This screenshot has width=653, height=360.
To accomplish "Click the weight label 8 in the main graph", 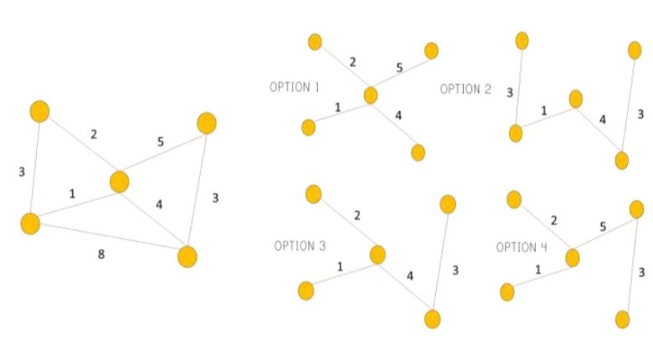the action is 101,254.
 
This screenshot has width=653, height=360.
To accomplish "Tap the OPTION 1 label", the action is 295,87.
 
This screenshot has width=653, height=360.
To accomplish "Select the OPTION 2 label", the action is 465,90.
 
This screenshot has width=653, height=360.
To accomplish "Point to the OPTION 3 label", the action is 300,246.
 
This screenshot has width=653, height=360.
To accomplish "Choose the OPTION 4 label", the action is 522,247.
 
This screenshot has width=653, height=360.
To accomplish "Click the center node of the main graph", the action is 120,182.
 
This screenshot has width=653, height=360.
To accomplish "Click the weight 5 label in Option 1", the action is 399,68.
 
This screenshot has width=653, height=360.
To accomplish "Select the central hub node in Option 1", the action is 371,95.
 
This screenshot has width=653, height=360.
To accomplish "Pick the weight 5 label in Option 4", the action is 603,227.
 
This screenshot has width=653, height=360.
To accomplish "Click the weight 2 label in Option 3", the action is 357,215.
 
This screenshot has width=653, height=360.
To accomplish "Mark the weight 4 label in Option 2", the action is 603,120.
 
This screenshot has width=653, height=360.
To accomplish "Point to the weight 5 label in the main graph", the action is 161,141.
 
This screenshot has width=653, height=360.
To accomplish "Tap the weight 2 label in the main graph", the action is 94,134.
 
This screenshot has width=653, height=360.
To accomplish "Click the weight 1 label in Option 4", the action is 538,270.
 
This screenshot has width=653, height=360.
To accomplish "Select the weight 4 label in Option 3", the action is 410,275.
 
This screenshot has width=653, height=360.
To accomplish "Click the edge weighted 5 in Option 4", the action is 604,234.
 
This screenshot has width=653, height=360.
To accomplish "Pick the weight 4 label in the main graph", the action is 159,204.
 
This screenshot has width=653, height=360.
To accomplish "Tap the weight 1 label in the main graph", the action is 72,193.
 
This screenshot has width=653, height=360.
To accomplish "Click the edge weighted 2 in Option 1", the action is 342,69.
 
